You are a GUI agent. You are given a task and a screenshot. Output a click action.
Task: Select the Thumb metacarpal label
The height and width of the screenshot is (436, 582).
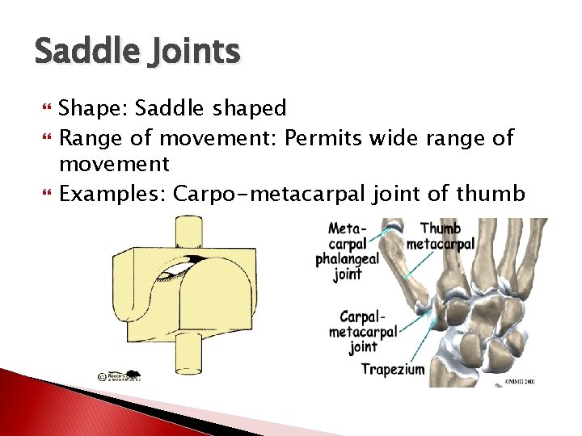(x=441, y=236)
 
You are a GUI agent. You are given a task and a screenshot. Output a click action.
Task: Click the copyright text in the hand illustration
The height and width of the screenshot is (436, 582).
(x=521, y=381)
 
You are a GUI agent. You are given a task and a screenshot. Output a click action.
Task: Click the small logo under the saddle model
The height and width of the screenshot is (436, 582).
(x=118, y=377)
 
